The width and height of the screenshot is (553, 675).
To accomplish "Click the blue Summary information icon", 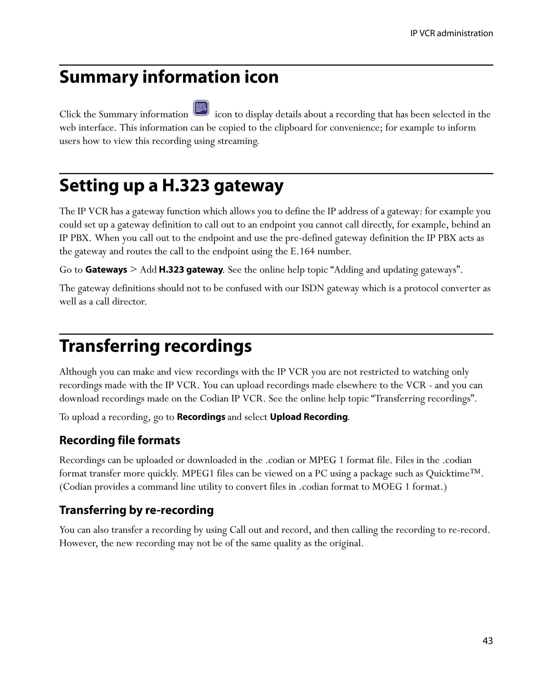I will (x=201, y=108).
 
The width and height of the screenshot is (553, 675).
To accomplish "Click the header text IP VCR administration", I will (x=451, y=33).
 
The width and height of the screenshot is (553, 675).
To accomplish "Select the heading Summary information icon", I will (x=169, y=77).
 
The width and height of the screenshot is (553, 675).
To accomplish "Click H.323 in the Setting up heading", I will (x=186, y=185).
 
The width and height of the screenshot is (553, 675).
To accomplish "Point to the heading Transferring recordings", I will (x=156, y=346).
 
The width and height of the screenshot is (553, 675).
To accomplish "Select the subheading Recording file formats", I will (x=119, y=440).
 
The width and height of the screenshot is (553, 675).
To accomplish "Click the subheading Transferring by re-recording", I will (x=136, y=510).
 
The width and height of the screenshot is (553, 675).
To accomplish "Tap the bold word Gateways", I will (x=106, y=270).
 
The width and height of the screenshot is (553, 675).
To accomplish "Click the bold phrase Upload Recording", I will (x=308, y=417).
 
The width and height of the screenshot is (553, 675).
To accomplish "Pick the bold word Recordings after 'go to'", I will (x=201, y=417).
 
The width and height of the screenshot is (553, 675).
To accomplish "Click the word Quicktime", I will (x=447, y=474).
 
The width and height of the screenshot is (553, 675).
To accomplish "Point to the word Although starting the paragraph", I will (x=78, y=372).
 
